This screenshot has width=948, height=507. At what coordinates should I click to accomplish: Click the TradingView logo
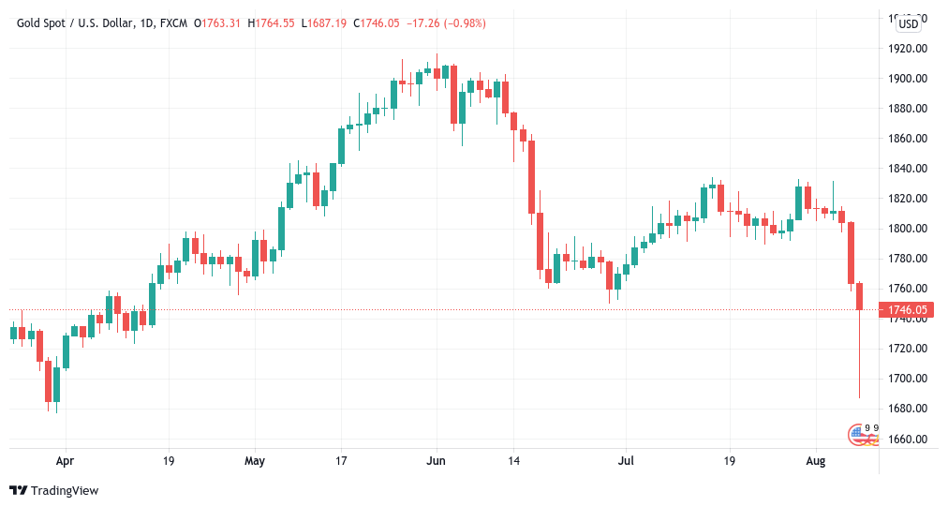[54, 490]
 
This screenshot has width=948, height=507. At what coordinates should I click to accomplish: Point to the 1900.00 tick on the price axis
[908, 79]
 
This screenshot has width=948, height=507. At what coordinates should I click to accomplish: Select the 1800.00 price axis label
[908, 229]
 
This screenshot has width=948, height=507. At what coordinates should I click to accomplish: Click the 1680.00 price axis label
[908, 409]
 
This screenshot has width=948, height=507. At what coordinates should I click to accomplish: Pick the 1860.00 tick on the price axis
[908, 139]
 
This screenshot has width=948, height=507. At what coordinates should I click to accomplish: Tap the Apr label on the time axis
[65, 461]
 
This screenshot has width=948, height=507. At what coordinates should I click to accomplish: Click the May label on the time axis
[255, 461]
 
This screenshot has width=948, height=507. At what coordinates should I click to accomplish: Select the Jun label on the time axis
[436, 461]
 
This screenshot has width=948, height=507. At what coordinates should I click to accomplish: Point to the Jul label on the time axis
[627, 461]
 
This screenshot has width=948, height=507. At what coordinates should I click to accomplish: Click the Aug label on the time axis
[816, 461]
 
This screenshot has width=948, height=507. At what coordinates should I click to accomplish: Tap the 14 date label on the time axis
[513, 461]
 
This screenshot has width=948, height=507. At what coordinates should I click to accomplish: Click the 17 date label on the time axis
[341, 461]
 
